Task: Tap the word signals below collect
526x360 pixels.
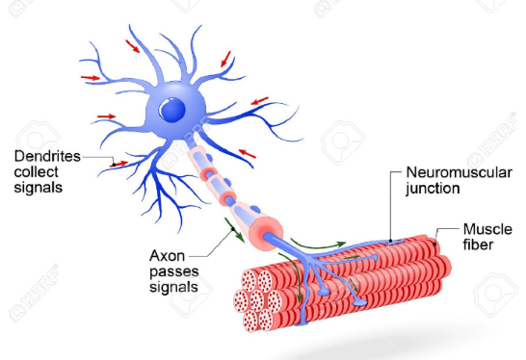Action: (x=39, y=188)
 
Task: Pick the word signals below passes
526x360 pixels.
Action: (x=174, y=287)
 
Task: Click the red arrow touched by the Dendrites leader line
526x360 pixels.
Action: (x=118, y=165)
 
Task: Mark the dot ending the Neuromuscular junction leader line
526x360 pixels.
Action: (x=389, y=239)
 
